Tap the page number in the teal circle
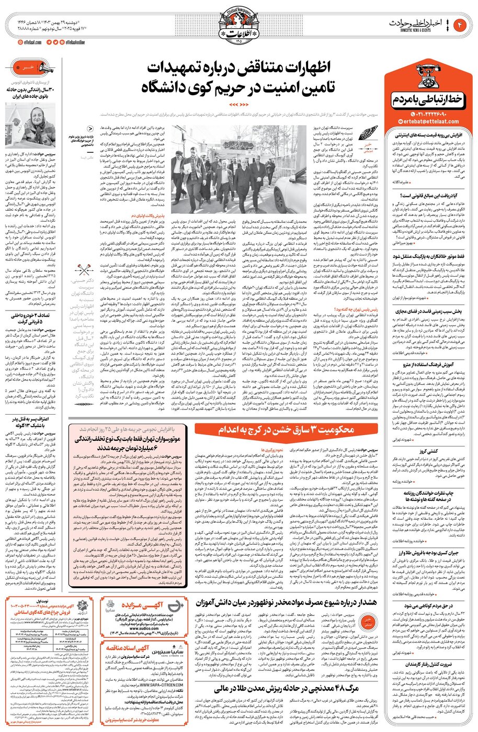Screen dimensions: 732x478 462,25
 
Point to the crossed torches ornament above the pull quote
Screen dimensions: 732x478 85,271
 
